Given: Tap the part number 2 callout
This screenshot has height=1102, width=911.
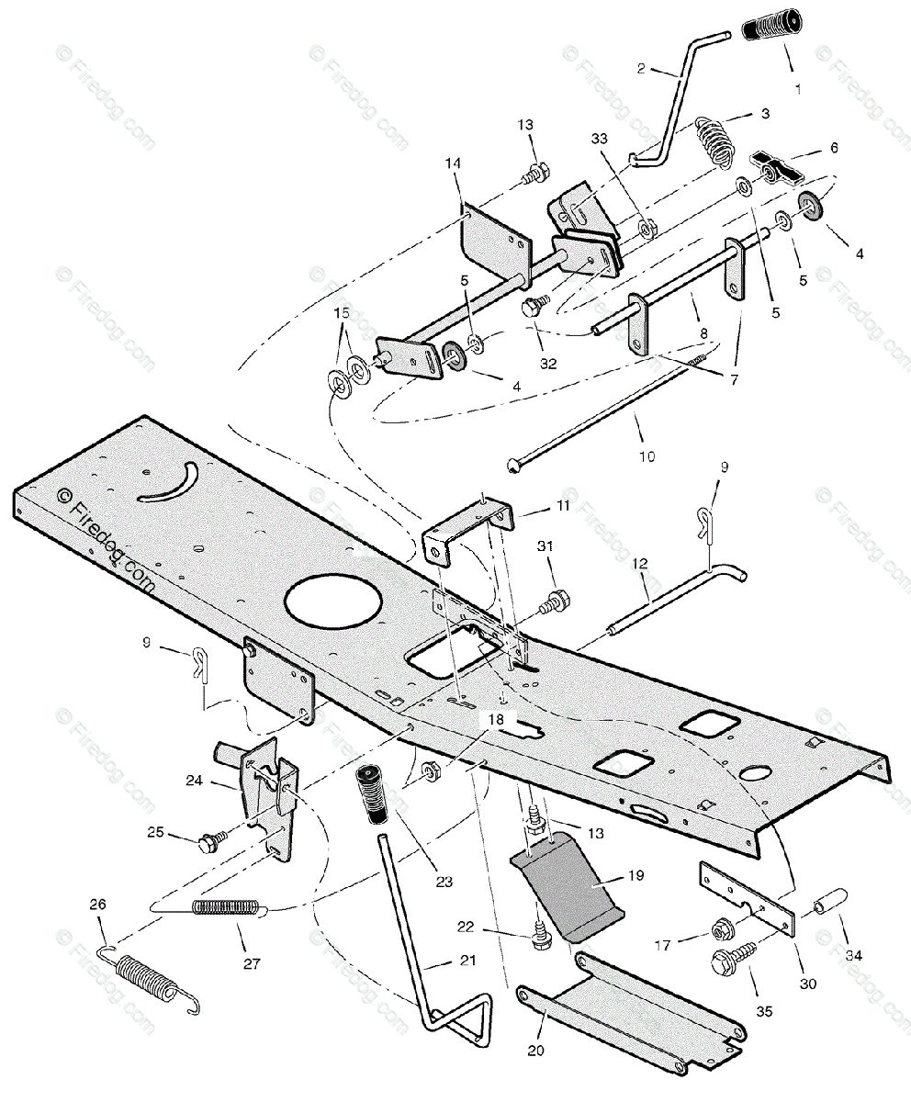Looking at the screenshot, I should [641, 68].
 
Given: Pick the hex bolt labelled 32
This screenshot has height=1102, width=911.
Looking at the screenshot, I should [534, 309].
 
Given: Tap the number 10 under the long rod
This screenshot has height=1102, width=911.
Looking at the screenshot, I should [647, 456].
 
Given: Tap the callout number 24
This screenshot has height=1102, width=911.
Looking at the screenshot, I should [219, 782].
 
